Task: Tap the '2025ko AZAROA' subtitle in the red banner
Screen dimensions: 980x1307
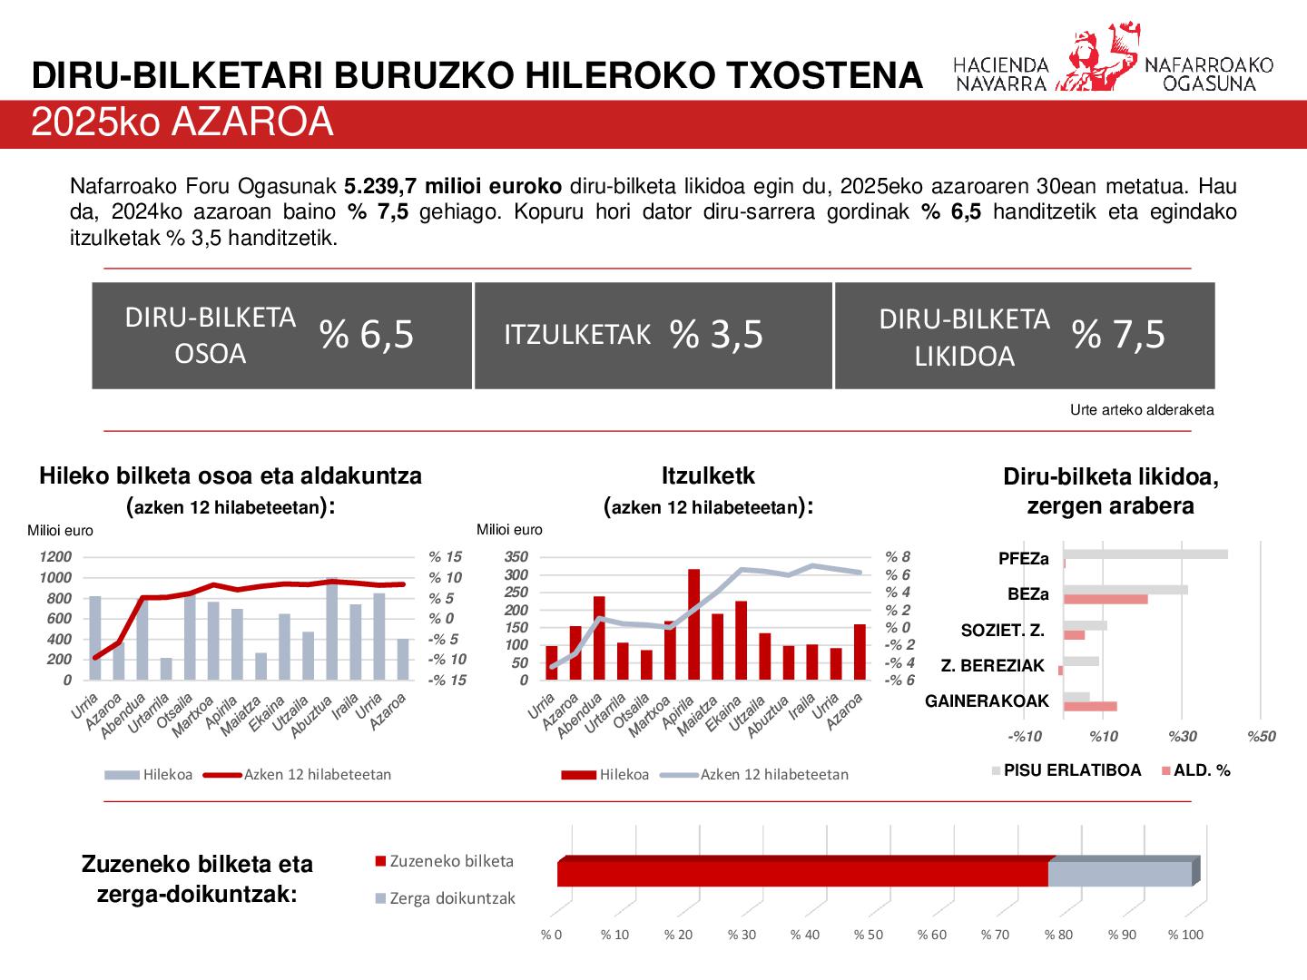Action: [182, 123]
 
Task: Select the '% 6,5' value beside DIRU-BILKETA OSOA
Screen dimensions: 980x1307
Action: [367, 335]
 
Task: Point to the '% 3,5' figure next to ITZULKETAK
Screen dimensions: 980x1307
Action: [716, 335]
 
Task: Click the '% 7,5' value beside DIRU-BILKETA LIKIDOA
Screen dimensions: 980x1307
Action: [1118, 335]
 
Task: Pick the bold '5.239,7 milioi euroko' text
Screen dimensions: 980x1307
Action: [453, 188]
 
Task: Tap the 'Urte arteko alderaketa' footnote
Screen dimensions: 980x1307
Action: [1141, 410]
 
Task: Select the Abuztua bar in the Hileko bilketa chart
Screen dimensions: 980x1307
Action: [332, 629]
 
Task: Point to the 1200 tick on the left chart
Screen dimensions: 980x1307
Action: [55, 557]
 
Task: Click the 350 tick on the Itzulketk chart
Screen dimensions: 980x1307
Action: [516, 557]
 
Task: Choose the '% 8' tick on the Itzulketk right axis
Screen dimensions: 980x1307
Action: [898, 557]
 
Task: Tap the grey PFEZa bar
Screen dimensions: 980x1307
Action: [1145, 554]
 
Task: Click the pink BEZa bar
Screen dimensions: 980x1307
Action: [1106, 599]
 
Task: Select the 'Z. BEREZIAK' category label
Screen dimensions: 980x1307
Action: [992, 666]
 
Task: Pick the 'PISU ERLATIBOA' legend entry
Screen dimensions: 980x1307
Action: [1071, 770]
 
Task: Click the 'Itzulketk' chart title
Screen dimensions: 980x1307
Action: [708, 475]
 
